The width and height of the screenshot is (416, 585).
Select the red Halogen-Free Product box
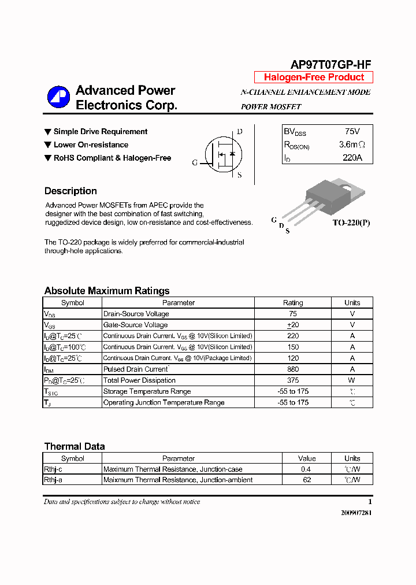pos(314,77)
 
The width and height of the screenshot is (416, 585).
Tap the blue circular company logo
pos(58,97)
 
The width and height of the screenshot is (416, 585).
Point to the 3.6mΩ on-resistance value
pos(351,145)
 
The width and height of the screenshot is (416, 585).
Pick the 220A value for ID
pos(352,157)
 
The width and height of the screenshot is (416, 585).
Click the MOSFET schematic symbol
pos(223,154)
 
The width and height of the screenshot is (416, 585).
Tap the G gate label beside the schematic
pos(195,163)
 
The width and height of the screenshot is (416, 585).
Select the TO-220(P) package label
pos(351,223)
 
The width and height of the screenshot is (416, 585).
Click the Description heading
pos(70,191)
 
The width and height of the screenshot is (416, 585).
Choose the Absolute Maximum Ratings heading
pos(107,291)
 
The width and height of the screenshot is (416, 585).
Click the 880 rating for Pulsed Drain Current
pos(293,369)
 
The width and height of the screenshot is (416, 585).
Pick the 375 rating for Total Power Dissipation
pos(293,380)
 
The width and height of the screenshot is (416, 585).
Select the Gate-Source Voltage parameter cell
pos(135,325)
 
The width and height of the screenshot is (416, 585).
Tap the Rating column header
pos(293,303)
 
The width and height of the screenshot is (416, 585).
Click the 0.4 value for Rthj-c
pos(307,469)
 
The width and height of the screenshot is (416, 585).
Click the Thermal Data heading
pos(75,446)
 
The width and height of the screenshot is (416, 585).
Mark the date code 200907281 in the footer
pos(354,513)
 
